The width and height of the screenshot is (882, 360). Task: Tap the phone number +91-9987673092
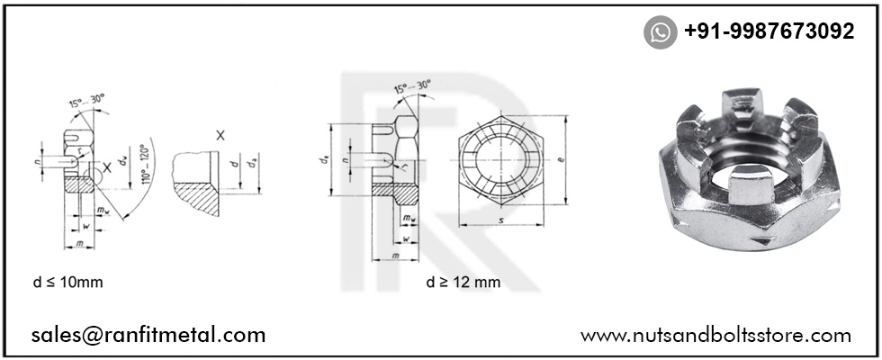coord(769,31)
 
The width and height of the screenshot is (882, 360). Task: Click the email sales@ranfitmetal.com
coord(148,335)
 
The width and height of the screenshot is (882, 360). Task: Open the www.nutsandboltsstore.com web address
coord(715,335)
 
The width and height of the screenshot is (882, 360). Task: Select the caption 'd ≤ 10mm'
coord(67,282)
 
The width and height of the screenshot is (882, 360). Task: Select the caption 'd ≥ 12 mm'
coord(463,282)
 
